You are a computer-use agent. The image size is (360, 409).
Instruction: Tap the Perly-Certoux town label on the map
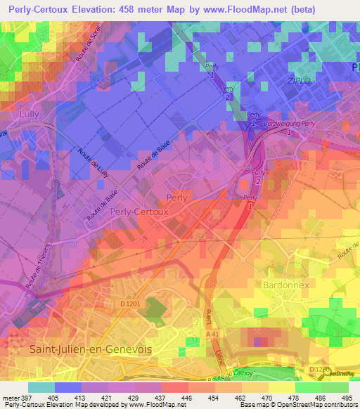139,211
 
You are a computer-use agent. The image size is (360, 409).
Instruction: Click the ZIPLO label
280,81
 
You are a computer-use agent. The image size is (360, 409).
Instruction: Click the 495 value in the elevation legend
347,398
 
